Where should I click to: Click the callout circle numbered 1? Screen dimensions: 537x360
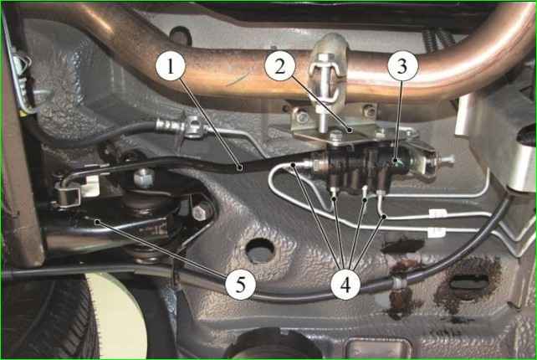tap(170, 65)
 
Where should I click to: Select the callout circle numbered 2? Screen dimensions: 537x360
tap(279, 65)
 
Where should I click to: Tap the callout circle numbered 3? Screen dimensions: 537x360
tap(403, 65)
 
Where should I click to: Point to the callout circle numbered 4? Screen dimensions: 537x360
tap(345, 285)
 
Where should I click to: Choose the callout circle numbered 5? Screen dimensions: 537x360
tap(240, 285)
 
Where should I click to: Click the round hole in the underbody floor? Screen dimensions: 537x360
tap(260, 251)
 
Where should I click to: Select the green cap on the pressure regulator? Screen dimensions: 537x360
tap(396, 160)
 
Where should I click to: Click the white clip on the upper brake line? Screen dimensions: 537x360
tap(437, 214)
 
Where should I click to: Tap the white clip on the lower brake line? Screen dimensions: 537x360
tap(437, 233)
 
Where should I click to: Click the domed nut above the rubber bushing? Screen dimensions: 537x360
tap(144, 177)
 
